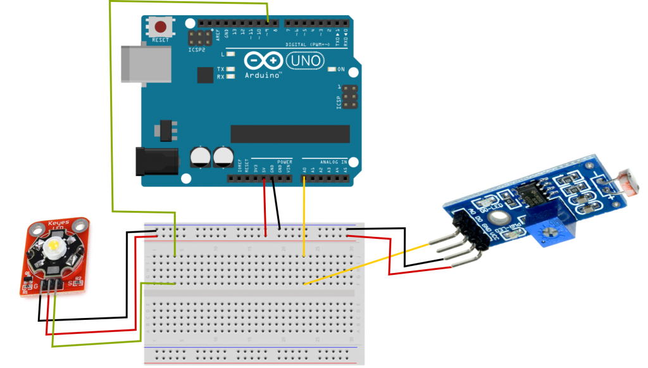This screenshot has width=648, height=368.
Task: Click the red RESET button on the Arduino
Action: (161, 27)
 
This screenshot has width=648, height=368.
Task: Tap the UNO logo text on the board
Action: (305, 61)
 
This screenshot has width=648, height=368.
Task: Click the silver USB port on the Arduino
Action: (146, 63)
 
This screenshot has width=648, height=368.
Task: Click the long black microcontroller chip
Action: (290, 134)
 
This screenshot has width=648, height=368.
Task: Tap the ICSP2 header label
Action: (197, 49)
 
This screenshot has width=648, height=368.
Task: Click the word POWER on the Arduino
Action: (283, 162)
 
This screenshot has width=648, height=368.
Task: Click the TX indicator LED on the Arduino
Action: (231, 69)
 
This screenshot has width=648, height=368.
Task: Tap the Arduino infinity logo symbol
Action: (263, 61)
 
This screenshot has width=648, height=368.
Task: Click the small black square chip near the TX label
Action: (205, 75)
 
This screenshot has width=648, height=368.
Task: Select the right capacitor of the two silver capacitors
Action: (223, 156)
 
